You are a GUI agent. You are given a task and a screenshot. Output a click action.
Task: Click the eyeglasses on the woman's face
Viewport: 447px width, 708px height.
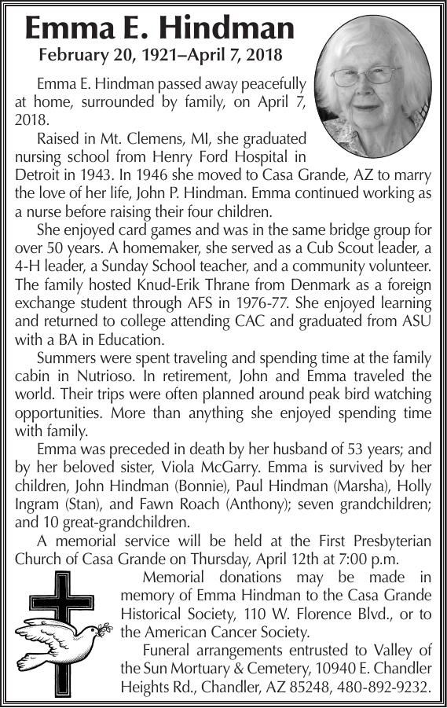click(x=365, y=77)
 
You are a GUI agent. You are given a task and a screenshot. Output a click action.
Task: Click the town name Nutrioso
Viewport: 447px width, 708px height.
click(x=90, y=376)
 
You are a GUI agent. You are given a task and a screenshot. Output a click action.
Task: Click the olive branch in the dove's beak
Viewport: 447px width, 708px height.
click(x=104, y=628)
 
